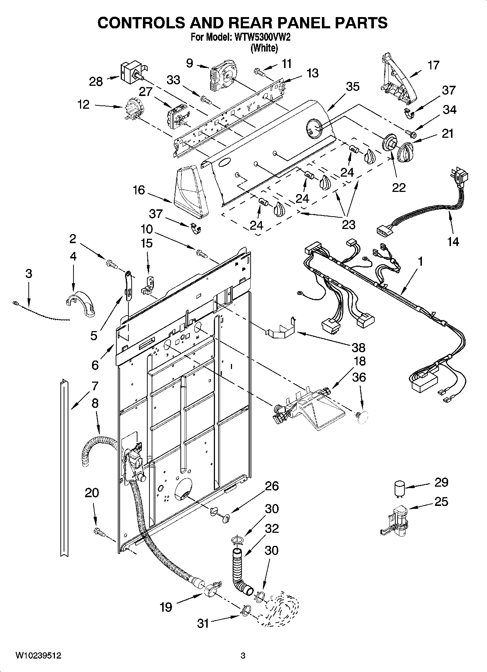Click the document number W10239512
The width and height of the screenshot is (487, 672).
click(38, 656)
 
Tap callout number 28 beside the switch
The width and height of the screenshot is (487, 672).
click(96, 81)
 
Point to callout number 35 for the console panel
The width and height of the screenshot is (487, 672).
click(352, 86)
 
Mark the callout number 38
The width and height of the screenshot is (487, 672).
click(358, 347)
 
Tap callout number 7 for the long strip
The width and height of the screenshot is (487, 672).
click(95, 386)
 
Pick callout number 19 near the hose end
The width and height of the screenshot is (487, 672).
click(166, 607)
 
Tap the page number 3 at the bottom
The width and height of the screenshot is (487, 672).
click(243, 656)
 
